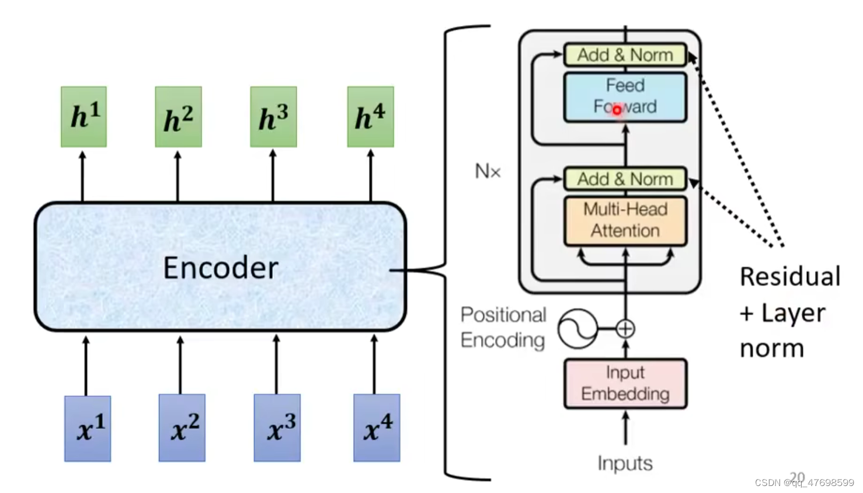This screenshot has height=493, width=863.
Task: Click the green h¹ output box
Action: (83, 117)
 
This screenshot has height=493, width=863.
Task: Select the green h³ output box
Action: (273, 117)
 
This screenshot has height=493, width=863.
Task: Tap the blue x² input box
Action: (182, 428)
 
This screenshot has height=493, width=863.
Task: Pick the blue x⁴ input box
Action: (377, 428)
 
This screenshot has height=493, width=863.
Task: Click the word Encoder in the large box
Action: (221, 268)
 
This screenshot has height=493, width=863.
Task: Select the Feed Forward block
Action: (625, 97)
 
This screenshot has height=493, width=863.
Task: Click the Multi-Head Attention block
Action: (625, 221)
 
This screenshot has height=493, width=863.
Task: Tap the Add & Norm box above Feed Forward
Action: (625, 55)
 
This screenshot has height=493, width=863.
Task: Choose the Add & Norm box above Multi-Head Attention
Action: (625, 179)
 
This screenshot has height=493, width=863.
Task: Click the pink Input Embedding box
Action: (625, 384)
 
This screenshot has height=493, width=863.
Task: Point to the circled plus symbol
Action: (625, 329)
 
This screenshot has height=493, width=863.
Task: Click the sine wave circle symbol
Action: (577, 329)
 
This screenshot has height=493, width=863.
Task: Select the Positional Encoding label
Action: (503, 328)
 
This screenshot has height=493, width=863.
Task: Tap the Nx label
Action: (488, 171)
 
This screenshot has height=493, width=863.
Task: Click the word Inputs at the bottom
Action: (625, 463)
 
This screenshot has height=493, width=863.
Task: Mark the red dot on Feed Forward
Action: (617, 110)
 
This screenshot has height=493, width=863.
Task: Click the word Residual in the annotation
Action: (790, 277)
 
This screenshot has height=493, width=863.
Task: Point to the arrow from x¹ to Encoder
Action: (86, 366)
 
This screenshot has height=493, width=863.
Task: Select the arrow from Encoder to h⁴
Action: (371, 176)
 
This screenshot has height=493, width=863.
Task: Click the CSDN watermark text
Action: (805, 483)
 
